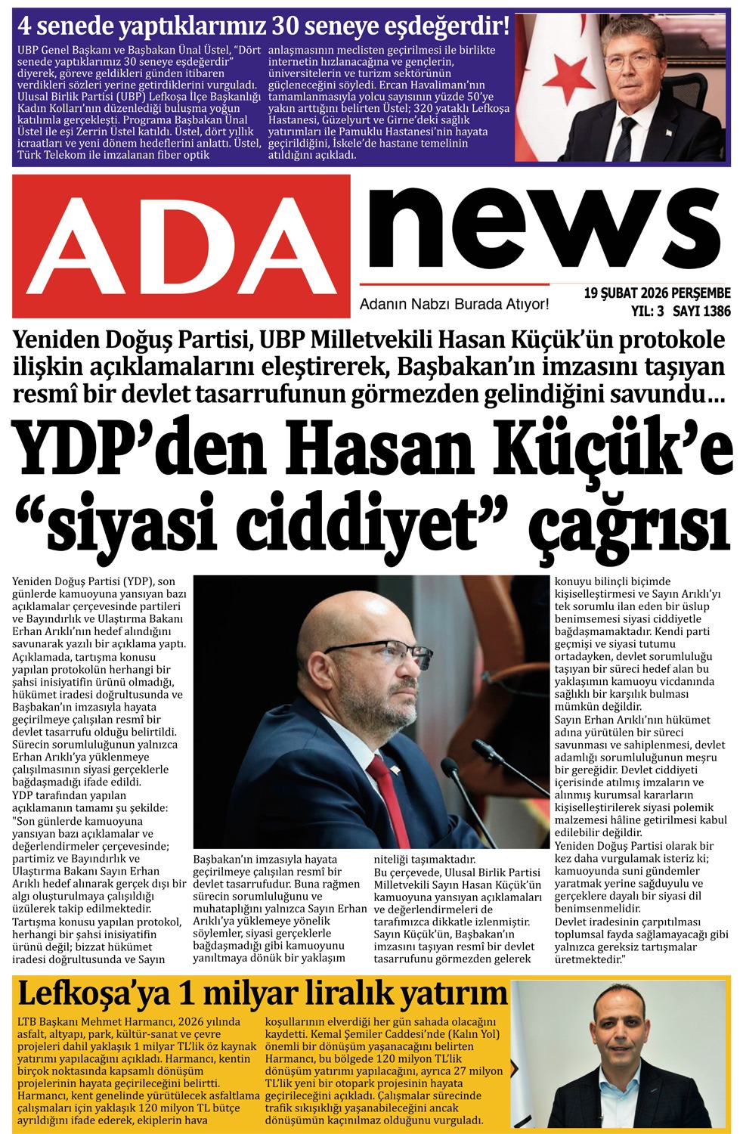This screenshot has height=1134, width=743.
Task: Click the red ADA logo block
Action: coord(181,246)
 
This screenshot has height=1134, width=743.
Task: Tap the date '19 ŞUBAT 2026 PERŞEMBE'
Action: coord(657,293)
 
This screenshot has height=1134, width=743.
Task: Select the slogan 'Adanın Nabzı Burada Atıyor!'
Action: coord(454,304)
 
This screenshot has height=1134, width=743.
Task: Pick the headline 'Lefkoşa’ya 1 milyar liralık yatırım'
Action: coord(262,993)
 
